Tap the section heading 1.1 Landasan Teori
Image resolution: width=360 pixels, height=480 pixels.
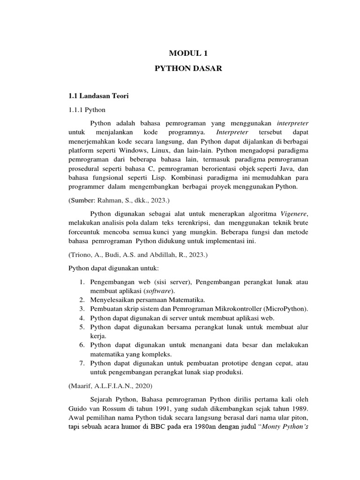(98, 96)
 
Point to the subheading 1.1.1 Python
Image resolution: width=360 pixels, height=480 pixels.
(87, 110)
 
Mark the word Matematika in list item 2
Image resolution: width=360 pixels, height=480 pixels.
(187, 300)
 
